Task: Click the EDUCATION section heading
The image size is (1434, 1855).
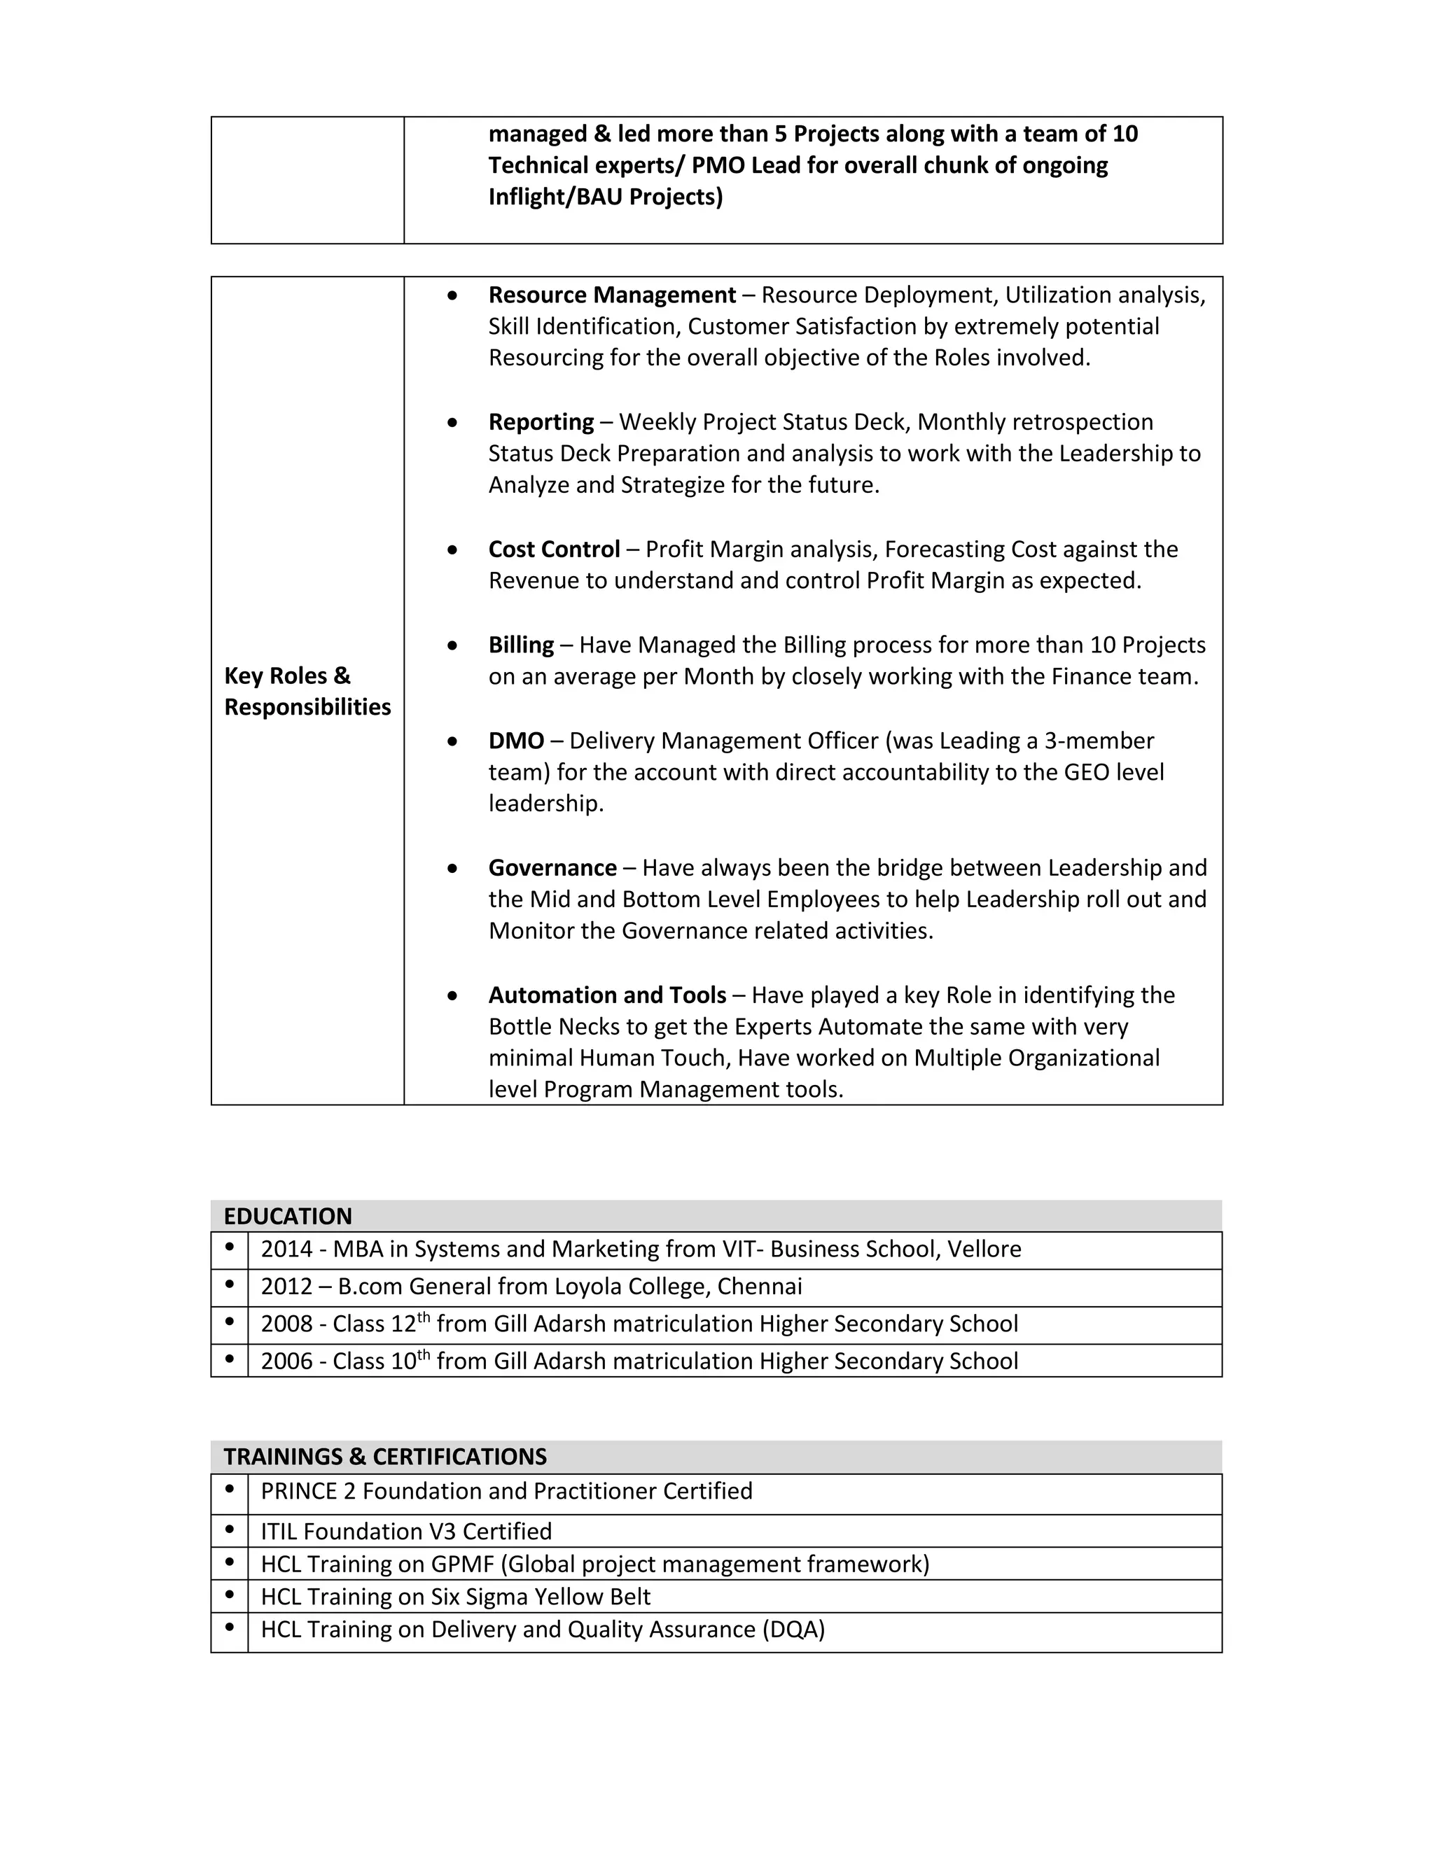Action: pyautogui.click(x=287, y=1217)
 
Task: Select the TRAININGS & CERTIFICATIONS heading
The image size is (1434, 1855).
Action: pyautogui.click(x=385, y=1457)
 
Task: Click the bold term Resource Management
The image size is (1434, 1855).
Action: pyautogui.click(x=612, y=295)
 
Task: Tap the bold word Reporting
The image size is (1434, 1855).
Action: pyautogui.click(x=541, y=422)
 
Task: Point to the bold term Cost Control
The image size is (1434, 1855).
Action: pyautogui.click(x=554, y=549)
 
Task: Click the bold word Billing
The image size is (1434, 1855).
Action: pyautogui.click(x=521, y=645)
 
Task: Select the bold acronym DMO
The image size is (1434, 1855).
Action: pyautogui.click(x=515, y=741)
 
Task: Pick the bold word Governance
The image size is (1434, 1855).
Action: pyautogui.click(x=552, y=868)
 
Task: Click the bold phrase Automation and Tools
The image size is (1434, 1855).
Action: pyautogui.click(x=606, y=995)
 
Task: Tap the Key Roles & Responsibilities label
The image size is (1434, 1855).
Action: pyautogui.click(x=307, y=692)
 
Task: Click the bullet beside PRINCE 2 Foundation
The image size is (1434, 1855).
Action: pyautogui.click(x=230, y=1490)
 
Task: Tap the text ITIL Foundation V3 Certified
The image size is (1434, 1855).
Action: pyautogui.click(x=406, y=1532)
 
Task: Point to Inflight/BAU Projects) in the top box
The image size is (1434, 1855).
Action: pyautogui.click(x=605, y=197)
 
